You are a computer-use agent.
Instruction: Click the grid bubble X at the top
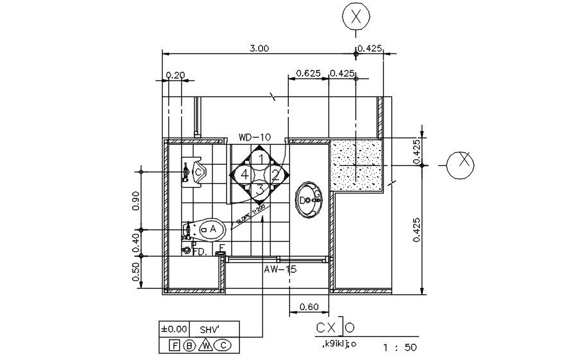[x=355, y=17]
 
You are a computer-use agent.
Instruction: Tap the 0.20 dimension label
[x=175, y=75]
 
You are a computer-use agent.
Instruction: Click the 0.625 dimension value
[x=308, y=73]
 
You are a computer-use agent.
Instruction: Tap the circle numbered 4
[x=244, y=174]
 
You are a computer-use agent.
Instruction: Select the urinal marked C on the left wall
[x=194, y=172]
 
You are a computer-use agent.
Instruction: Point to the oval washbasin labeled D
[x=309, y=200]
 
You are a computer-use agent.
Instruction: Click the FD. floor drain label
[x=199, y=251]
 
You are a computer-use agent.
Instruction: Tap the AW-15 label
[x=280, y=270]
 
